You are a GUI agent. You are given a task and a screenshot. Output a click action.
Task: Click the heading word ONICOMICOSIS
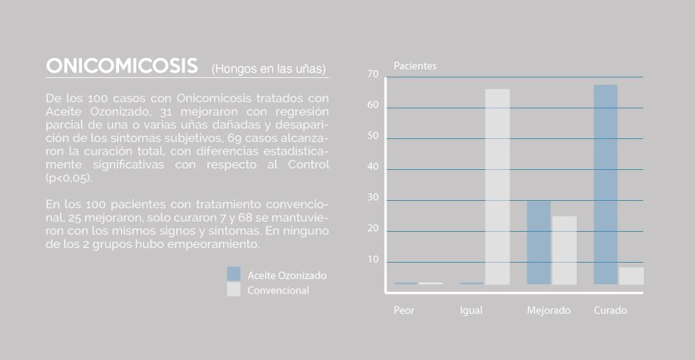pos(122,66)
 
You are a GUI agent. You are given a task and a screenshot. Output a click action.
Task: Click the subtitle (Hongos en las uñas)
pos(269,70)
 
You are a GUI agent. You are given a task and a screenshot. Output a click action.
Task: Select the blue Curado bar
pos(605,185)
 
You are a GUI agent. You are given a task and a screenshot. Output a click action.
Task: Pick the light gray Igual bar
pos(497,187)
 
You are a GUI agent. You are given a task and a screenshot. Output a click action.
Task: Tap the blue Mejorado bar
pos(538,243)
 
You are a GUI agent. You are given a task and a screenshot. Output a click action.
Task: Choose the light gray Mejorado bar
pos(564,250)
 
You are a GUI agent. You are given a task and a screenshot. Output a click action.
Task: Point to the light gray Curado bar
pos(631,276)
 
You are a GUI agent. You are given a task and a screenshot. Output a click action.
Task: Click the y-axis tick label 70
pos(373,74)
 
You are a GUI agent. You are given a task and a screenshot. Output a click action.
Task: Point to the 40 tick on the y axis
pos(373,167)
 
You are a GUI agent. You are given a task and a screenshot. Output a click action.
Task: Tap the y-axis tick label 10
pos(373,260)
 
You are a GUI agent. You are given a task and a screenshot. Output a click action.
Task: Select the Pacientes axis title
pos(415,66)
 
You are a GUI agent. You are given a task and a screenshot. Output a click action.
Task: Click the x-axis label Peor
pos(404,311)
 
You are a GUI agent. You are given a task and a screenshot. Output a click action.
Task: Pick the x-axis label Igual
pos(471,311)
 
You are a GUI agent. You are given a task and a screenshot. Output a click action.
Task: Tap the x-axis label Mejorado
pos(549,311)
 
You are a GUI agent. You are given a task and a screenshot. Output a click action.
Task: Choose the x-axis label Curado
pos(610,311)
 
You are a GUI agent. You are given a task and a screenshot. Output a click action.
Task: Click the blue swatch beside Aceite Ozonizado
pos(233,273)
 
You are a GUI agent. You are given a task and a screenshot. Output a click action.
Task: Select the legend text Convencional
pos(278,290)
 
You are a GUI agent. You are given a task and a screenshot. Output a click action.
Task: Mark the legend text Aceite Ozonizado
pos(287,276)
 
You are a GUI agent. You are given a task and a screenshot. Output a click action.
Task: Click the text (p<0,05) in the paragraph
pos(69,178)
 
